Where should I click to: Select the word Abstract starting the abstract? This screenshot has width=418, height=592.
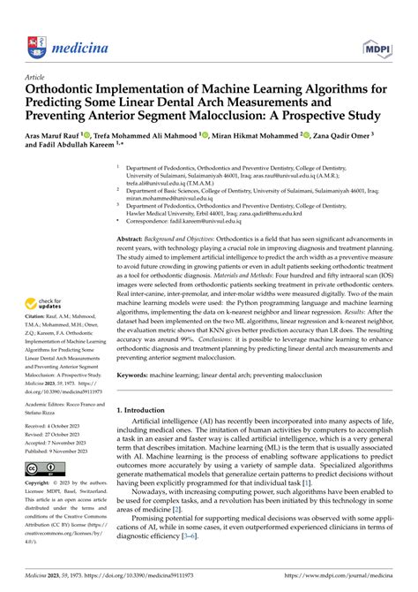point(132,239)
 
